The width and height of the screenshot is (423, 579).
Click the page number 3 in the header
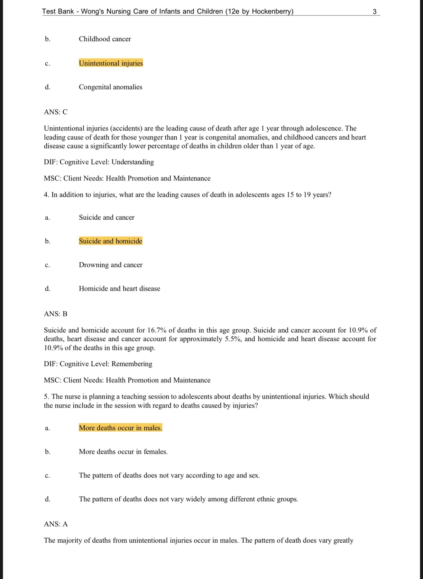pos(374,12)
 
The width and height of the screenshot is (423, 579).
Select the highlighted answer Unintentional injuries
pos(111,63)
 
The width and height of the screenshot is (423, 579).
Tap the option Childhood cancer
pos(105,39)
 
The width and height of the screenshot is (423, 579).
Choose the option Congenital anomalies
pos(110,87)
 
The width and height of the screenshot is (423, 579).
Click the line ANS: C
pos(56,112)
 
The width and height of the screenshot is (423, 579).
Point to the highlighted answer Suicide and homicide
pos(110,241)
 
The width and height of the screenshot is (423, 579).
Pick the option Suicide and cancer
pos(106,217)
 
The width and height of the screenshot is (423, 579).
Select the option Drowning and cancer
pos(110,265)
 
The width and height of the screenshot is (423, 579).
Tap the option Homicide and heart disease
pos(119,289)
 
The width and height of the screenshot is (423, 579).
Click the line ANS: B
pos(56,314)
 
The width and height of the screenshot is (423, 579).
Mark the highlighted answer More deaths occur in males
pos(120,428)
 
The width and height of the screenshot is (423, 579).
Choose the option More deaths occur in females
pos(123,452)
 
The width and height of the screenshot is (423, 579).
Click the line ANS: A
pos(56,524)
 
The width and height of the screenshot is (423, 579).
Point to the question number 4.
pos(46,195)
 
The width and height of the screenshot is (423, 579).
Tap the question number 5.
pos(46,397)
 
